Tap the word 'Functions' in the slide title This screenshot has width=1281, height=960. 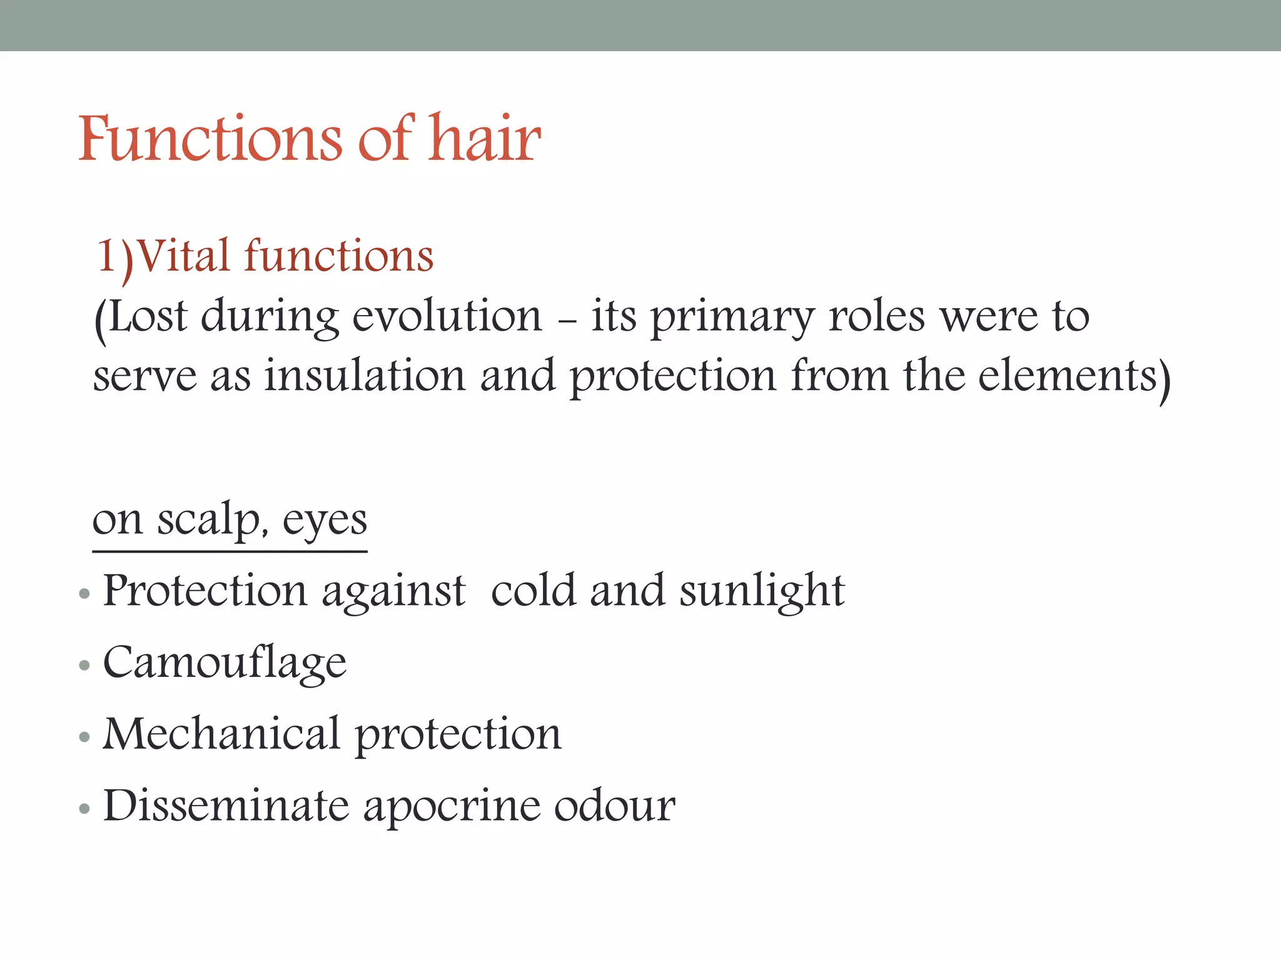[x=210, y=139]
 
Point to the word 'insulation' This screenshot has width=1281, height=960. [x=365, y=376]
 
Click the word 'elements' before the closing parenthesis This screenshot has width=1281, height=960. [x=1067, y=376]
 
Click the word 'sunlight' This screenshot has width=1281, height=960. [x=762, y=591]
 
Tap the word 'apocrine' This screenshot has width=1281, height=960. [x=450, y=807]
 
